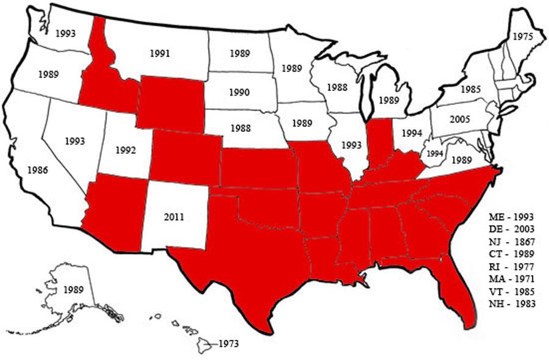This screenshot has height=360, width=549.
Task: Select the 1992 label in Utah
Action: tap(125, 149)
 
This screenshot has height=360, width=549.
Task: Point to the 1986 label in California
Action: tap(38, 170)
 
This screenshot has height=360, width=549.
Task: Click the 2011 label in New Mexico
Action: tap(174, 216)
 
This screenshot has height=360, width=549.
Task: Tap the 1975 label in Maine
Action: tap(522, 37)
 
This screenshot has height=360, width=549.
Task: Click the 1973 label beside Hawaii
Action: tap(228, 344)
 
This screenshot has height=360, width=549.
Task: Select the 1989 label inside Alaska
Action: tap(73, 289)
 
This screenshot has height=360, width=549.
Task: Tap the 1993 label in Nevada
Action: tap(75, 141)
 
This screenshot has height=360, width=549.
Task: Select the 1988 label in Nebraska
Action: tap(240, 128)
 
